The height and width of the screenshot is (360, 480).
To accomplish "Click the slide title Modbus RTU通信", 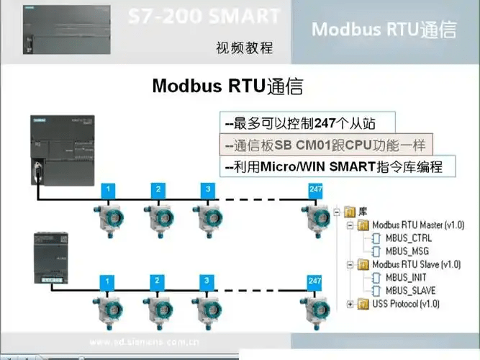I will tap(227, 86).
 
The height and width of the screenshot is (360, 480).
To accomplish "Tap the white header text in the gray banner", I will tap(384, 30).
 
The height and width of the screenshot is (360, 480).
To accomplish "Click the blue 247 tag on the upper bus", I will tap(314, 189).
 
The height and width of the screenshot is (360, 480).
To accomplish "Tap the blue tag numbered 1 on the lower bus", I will tap(107, 280).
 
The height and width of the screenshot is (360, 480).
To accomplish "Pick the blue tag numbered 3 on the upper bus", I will tap(207, 189).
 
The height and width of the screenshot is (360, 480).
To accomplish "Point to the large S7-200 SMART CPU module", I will tap(63, 146).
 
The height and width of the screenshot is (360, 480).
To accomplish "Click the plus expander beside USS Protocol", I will tap(350, 304).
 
